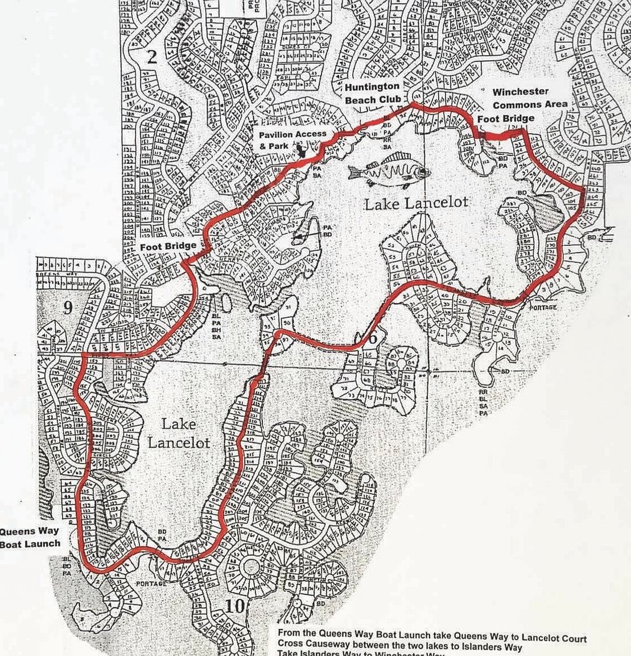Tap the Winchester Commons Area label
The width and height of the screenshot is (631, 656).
click(x=530, y=98)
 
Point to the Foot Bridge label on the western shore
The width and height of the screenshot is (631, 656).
click(x=168, y=246)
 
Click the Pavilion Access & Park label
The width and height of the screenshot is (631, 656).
click(x=292, y=139)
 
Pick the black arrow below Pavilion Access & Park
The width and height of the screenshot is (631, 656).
click(x=302, y=150)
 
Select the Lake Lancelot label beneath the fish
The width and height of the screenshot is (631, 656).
click(x=416, y=202)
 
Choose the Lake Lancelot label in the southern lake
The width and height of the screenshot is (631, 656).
click(x=179, y=433)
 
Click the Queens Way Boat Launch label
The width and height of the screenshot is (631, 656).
click(x=30, y=537)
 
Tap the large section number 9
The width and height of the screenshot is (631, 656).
click(x=68, y=308)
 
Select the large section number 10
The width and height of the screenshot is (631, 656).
click(x=235, y=606)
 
